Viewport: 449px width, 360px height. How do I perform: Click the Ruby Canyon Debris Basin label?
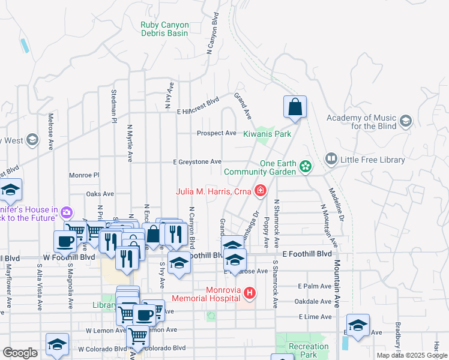point(164,29)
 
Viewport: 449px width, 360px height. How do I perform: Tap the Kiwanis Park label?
point(267,134)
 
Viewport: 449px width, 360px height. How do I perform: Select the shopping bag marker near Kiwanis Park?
point(295,107)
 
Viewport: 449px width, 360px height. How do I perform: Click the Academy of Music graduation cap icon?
point(405,122)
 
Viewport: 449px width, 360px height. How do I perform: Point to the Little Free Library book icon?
point(331,159)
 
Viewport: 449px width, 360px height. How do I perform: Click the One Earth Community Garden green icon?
point(306,166)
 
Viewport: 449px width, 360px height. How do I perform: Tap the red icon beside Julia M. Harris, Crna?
point(260,191)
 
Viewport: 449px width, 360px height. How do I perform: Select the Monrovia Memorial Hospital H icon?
point(249,293)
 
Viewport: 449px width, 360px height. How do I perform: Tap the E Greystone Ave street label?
point(197,162)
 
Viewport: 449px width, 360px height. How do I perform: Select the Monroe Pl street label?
point(83,175)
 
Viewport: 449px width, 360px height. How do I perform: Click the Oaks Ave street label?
point(100,194)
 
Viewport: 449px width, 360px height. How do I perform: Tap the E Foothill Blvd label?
point(307,254)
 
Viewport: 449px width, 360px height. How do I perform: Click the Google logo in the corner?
point(20,353)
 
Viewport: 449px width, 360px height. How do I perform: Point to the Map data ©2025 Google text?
point(412,355)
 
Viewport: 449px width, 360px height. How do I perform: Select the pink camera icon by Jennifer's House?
point(66,212)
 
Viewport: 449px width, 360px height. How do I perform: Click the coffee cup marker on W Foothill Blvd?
point(65,241)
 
